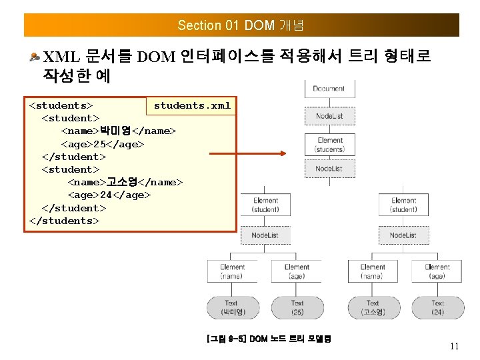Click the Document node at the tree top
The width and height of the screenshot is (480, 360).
[x=329, y=89]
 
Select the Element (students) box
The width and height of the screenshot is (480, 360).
[x=329, y=145]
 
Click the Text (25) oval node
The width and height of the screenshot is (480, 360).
[x=297, y=307]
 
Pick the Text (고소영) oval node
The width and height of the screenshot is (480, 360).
[x=372, y=307]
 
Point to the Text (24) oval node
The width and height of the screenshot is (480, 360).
[x=437, y=307]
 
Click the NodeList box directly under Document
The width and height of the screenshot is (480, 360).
[x=329, y=116]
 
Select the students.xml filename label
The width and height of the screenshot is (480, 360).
[x=192, y=105]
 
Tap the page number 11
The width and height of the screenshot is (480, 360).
[x=455, y=346]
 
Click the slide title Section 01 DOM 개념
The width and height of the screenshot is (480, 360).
[x=241, y=25]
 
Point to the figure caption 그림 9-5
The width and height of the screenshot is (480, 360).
[x=269, y=339]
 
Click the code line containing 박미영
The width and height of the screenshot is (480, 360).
[x=119, y=131]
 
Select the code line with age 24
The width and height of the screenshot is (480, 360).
[x=109, y=195]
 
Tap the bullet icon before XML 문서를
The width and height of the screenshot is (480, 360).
[x=35, y=57]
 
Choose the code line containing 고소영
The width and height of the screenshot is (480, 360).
[x=125, y=183]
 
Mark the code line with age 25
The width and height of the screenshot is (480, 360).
[x=103, y=144]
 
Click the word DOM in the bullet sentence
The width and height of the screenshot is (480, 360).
[x=156, y=57]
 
